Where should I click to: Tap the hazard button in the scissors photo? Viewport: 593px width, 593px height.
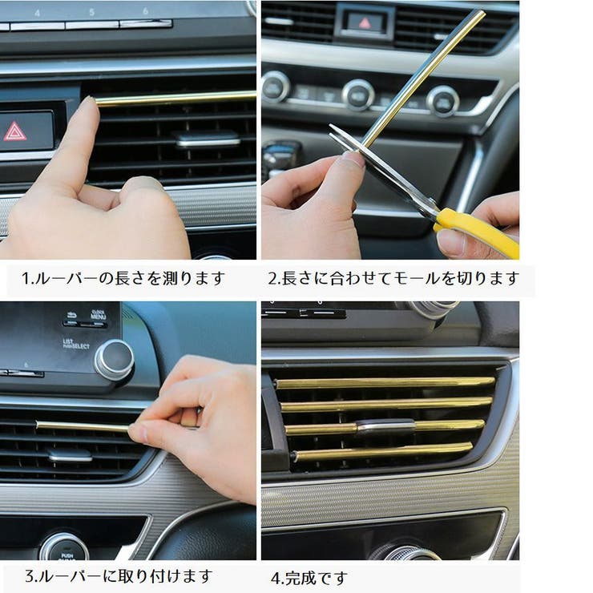pyautogui.click(x=364, y=22)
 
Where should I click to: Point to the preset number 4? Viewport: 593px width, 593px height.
pyautogui.click(x=37, y=11)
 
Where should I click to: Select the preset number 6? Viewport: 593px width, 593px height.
pyautogui.click(x=145, y=11)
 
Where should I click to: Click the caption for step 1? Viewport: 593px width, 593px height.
pyautogui.click(x=123, y=279)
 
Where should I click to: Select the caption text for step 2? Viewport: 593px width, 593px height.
pyautogui.click(x=393, y=279)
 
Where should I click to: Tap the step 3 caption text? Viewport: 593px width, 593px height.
pyautogui.click(x=118, y=575)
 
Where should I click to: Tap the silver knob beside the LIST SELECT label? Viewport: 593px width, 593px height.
pyautogui.click(x=114, y=360)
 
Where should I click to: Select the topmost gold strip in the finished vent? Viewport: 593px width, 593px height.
pyautogui.click(x=385, y=383)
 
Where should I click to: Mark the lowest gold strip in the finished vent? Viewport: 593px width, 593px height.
pyautogui.click(x=381, y=453)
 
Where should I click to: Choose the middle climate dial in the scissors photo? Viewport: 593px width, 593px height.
pyautogui.click(x=357, y=94)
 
